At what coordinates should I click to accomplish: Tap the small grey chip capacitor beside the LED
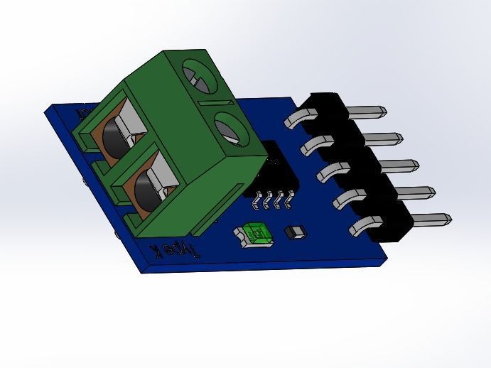coord(293,232)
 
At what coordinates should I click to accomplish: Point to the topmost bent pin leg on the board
coord(296,118)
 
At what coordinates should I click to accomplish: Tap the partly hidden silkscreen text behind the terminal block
coord(84,114)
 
